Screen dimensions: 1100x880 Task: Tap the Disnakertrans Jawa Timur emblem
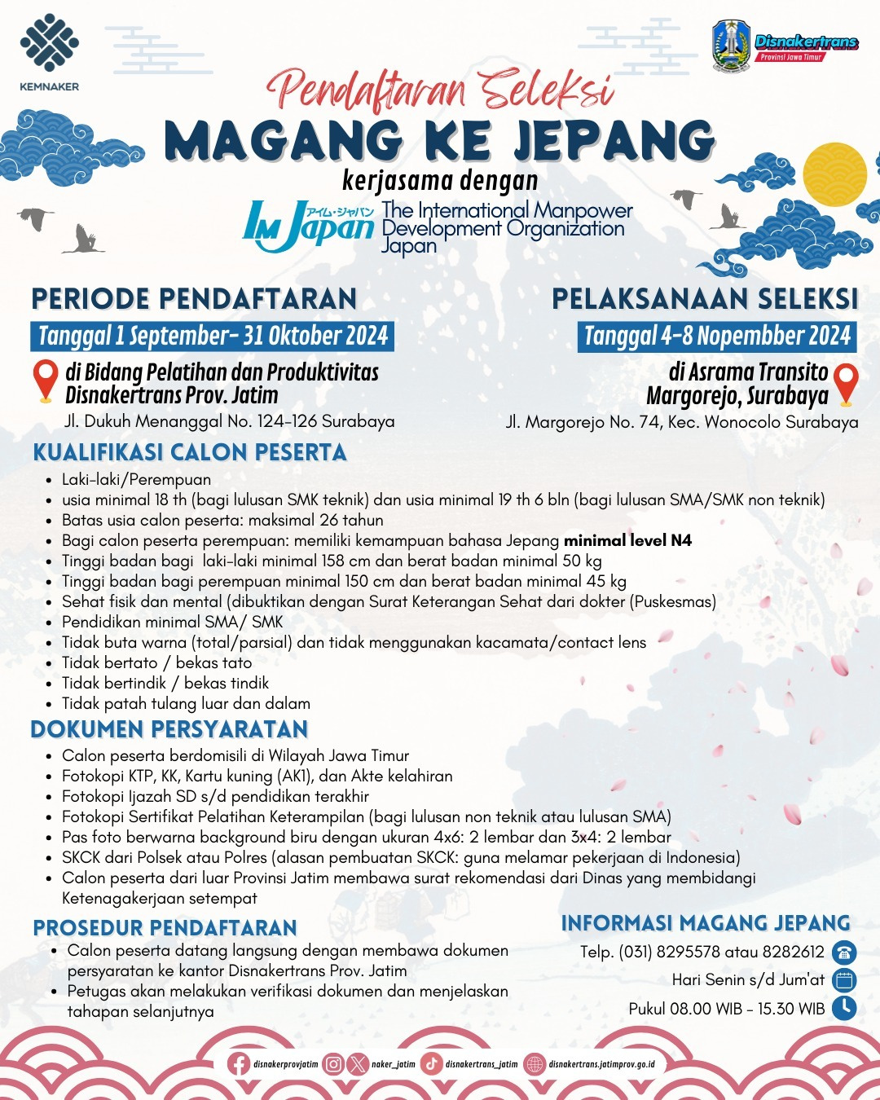730,45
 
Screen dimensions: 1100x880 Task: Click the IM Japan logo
308,226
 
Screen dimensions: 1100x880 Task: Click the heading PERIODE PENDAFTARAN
194,299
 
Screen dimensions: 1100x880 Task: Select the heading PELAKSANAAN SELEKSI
705,299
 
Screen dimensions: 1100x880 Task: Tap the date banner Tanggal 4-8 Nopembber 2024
717,336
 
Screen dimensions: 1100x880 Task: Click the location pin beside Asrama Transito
847,383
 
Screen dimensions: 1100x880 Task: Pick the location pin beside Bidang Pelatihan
46,381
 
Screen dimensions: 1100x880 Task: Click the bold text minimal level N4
627,540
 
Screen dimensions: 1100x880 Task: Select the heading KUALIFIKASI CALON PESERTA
190,453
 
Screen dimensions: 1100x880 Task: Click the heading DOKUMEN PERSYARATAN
169,729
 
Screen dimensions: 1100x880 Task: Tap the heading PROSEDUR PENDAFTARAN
165,928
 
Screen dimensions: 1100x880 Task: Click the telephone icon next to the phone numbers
844,952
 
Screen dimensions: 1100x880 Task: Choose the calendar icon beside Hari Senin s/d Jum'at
844,979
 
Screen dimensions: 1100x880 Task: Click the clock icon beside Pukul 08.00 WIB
844,1008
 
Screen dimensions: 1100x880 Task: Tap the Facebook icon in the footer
239,1064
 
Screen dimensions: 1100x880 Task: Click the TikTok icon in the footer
432,1064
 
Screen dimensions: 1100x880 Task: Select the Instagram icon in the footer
333,1064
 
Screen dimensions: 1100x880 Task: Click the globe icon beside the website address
535,1064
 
